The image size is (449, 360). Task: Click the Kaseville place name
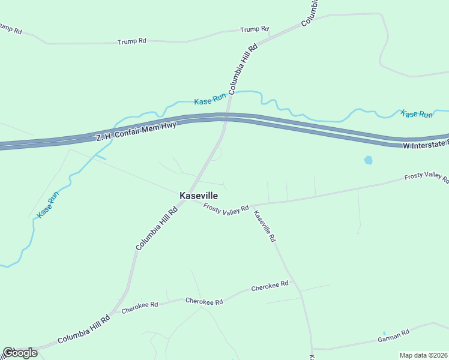(x=199, y=196)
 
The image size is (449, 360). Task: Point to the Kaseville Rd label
(x=265, y=226)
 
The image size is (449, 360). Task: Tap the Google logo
(x=20, y=353)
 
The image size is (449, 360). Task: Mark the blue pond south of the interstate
(x=368, y=160)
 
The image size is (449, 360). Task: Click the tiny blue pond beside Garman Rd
(x=384, y=333)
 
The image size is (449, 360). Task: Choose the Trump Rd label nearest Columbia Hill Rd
(x=254, y=29)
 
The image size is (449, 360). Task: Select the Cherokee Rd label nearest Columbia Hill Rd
(x=139, y=307)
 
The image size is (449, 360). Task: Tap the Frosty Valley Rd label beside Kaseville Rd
(x=226, y=208)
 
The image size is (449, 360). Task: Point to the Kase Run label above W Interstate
(x=417, y=114)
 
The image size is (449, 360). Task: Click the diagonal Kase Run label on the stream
(x=49, y=204)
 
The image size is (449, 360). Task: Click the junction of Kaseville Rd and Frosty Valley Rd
(x=252, y=205)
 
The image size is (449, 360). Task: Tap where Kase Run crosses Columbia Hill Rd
(x=233, y=92)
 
